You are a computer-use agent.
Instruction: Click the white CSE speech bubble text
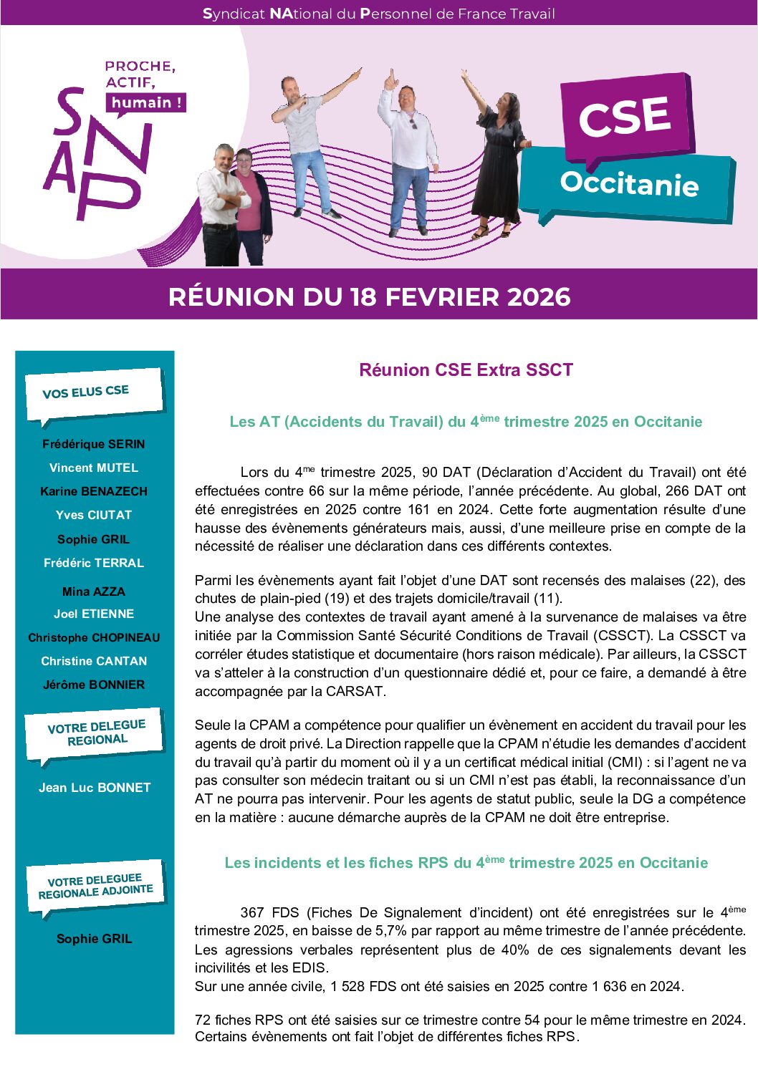624,117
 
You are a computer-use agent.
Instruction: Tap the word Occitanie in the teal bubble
629,183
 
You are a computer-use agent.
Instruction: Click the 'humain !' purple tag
146,102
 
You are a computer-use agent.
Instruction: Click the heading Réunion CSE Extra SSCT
466,370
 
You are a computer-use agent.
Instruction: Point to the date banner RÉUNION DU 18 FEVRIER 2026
369,296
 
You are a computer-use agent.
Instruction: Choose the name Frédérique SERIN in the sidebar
94,444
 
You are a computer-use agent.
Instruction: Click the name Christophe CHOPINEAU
94,637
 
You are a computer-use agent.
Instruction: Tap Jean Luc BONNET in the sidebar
95,788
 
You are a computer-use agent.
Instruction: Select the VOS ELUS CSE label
86,392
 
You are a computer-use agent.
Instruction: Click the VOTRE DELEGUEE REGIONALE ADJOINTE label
95,886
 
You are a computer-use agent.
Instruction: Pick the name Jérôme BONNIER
94,685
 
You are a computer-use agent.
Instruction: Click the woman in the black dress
499,158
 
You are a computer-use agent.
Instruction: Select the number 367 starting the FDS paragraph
252,913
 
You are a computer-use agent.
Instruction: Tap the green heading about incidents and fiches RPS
466,863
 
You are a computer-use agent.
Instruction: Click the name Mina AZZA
94,591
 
